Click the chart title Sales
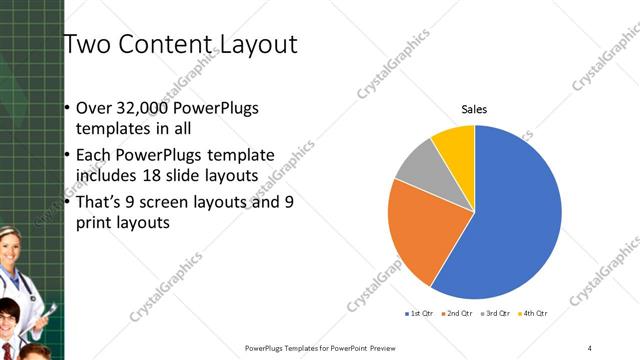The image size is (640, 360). (474, 109)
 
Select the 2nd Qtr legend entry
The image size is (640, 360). (457, 314)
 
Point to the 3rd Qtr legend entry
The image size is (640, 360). (496, 314)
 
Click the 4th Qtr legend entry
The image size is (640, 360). (534, 314)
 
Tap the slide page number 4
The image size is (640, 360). (589, 347)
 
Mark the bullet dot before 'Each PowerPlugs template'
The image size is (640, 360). (67, 156)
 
